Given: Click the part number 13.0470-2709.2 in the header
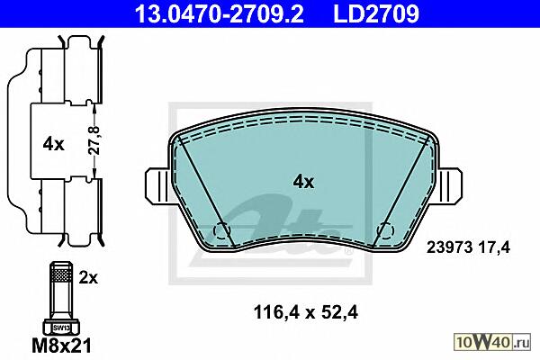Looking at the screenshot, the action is (219, 13).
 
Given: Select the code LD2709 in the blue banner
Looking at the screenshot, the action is (376, 13).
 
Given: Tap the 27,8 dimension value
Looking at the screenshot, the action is (94, 140).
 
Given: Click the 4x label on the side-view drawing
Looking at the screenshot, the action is (53, 144).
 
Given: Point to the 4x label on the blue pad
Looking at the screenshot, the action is (303, 182).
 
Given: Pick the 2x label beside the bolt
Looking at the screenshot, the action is (88, 278).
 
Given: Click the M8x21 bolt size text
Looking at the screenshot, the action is (62, 345).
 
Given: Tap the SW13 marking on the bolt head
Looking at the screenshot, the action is (61, 328).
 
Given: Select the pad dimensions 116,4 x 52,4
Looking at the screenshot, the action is (305, 312).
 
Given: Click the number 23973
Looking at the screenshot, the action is (449, 247).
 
